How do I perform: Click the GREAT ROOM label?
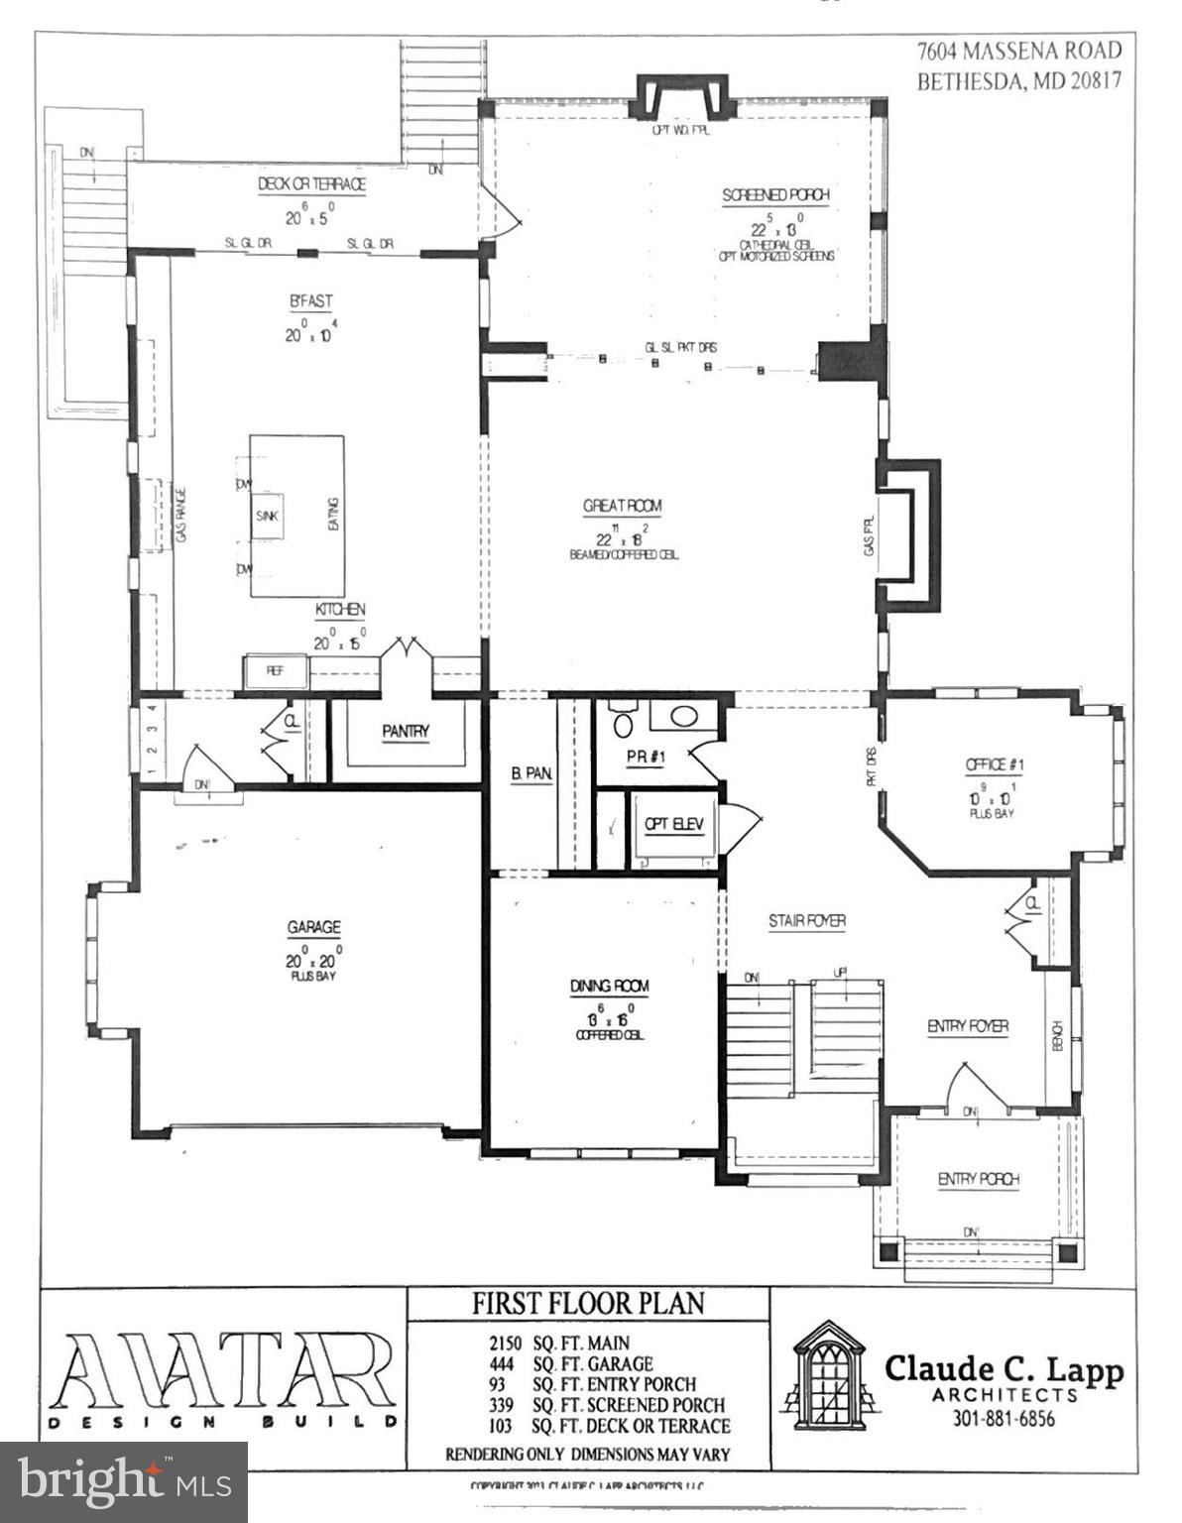click(622, 506)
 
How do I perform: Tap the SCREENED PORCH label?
click(775, 195)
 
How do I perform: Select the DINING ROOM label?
click(609, 986)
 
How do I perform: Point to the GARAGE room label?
click(313, 928)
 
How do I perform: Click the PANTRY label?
click(406, 732)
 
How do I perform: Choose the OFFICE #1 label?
click(995, 764)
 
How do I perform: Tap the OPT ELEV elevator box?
click(673, 824)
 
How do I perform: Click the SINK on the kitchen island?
click(267, 517)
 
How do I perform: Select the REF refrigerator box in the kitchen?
click(275, 671)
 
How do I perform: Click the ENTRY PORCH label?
click(978, 1179)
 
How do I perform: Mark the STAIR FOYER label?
click(807, 921)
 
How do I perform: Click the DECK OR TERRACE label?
click(311, 184)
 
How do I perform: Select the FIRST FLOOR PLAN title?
click(587, 1303)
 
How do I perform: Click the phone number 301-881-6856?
click(1003, 1419)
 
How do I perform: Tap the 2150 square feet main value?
click(505, 1344)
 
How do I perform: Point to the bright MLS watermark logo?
click(124, 1481)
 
